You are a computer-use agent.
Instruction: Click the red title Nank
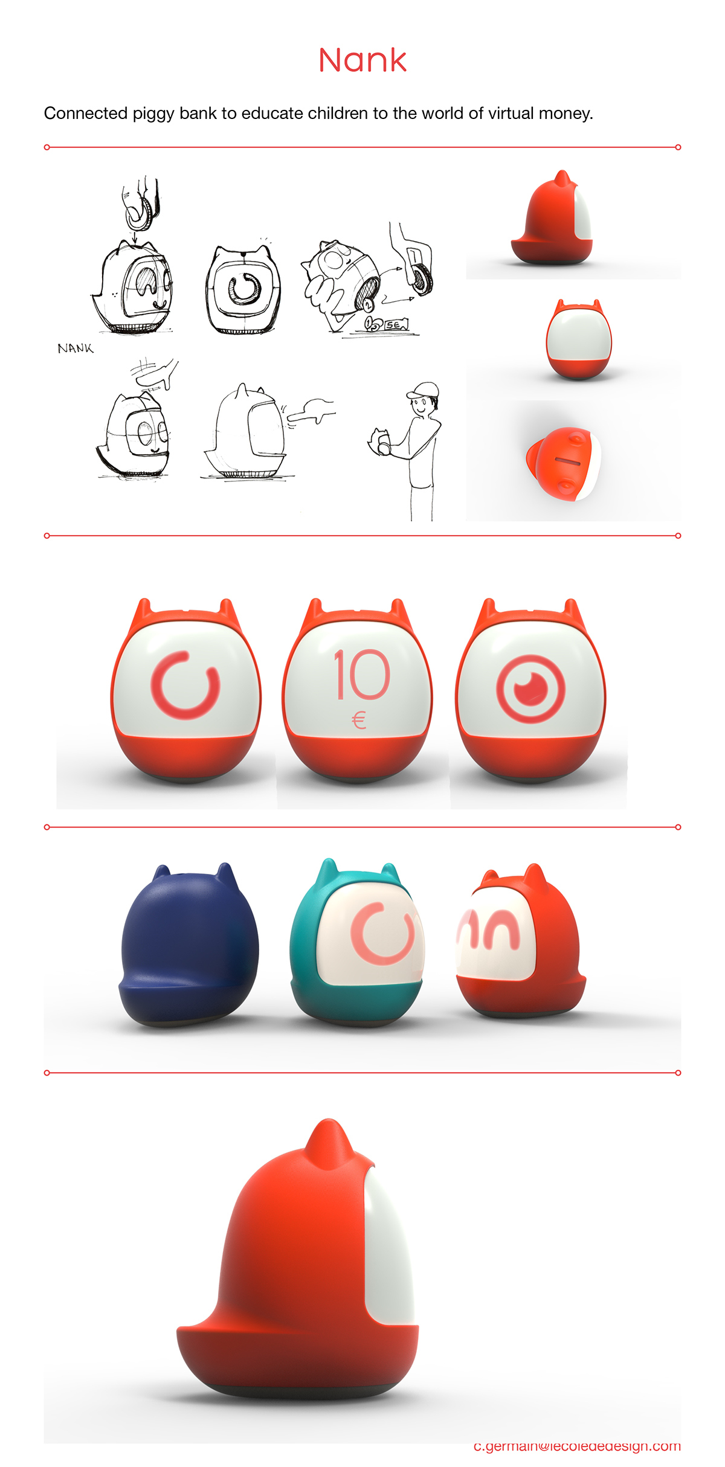click(362, 60)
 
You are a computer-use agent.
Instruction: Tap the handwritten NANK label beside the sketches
click(76, 348)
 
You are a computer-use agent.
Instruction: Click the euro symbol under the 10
click(359, 720)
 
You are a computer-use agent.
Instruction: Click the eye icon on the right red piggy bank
click(530, 689)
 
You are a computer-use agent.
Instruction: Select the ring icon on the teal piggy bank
click(382, 933)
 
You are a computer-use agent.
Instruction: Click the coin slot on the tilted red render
click(567, 462)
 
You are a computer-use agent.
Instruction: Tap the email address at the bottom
click(576, 1446)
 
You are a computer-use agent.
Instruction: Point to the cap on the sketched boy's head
click(424, 390)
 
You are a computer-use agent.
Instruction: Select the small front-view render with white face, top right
click(578, 339)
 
